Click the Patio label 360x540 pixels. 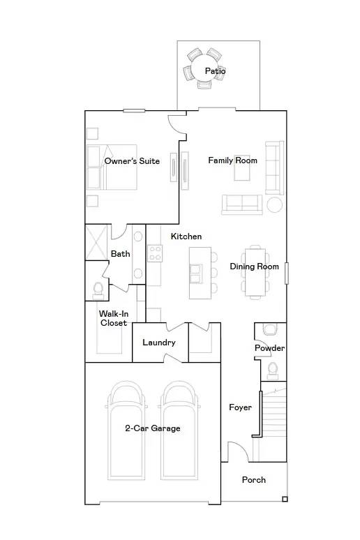215,71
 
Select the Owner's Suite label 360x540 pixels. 132,161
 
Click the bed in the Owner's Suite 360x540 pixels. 112,167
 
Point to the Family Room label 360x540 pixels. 232,160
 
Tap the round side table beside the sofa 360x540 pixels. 275,204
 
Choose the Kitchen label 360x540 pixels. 186,237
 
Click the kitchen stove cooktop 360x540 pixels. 155,253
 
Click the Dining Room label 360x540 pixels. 254,267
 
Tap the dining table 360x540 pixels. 257,272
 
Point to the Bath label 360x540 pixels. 120,254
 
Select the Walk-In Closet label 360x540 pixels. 113,318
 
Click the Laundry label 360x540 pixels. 158,343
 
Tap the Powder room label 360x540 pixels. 269,348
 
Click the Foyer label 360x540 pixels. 240,407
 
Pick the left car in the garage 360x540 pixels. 126,429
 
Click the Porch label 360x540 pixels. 253,480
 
